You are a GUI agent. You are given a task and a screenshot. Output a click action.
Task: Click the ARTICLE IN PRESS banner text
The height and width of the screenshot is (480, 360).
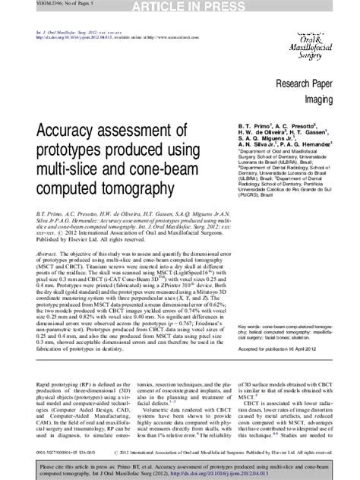[x=180, y=7]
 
